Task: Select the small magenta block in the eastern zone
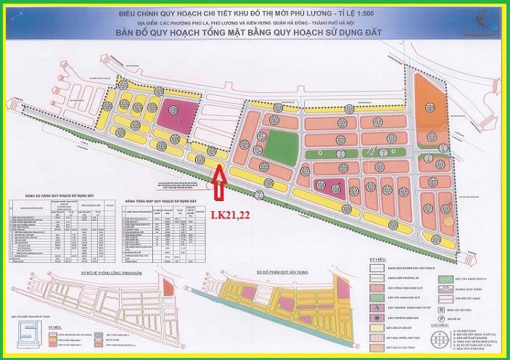click(330, 185)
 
